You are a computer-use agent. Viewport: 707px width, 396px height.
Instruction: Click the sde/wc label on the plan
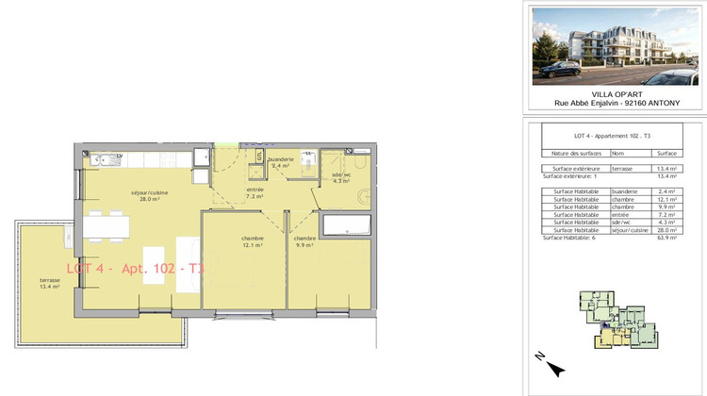tap(340, 176)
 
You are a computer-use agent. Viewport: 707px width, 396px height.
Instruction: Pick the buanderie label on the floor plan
tap(280, 161)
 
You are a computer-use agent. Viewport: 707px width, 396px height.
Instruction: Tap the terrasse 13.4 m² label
tap(50, 283)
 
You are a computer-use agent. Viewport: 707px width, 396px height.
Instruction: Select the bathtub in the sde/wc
tap(346, 225)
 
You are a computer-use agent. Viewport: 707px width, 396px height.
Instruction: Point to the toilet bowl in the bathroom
tap(366, 196)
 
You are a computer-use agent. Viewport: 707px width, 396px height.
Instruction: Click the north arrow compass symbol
tap(553, 369)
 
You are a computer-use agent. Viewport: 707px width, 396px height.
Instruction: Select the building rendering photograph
tap(616, 45)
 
